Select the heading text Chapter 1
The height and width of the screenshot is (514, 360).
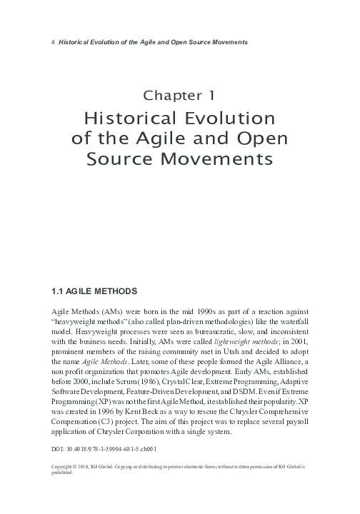coord(180,95)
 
